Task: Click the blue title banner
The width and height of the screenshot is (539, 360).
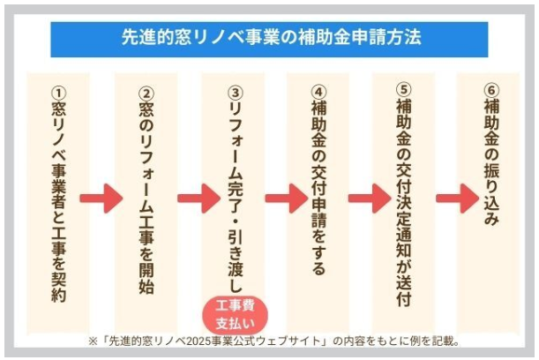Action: pos(269,40)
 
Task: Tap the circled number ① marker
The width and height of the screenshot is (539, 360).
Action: pos(58,93)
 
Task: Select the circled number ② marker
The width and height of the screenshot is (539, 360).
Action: pos(146,93)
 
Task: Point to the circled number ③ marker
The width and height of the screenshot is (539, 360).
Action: pos(236,93)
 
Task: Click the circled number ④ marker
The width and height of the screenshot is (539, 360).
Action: pos(318,92)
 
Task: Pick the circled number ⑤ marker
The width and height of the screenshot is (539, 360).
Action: pos(404,89)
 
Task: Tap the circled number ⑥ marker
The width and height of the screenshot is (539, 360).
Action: pos(491,90)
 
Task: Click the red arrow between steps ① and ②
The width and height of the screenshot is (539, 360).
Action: pos(101,199)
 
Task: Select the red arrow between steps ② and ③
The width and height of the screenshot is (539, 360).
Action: pos(199,199)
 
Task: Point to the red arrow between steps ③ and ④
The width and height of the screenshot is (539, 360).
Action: pos(287,199)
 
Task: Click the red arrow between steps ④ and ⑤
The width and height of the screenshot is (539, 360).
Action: pos(370,199)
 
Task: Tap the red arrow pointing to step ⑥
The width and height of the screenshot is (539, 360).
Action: pos(458,199)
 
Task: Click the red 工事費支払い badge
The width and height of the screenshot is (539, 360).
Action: pos(236,314)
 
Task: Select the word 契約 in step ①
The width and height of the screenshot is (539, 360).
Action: pos(58,288)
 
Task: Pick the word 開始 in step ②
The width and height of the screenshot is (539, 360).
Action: pos(146,279)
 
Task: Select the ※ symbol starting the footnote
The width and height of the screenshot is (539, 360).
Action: pos(93,341)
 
